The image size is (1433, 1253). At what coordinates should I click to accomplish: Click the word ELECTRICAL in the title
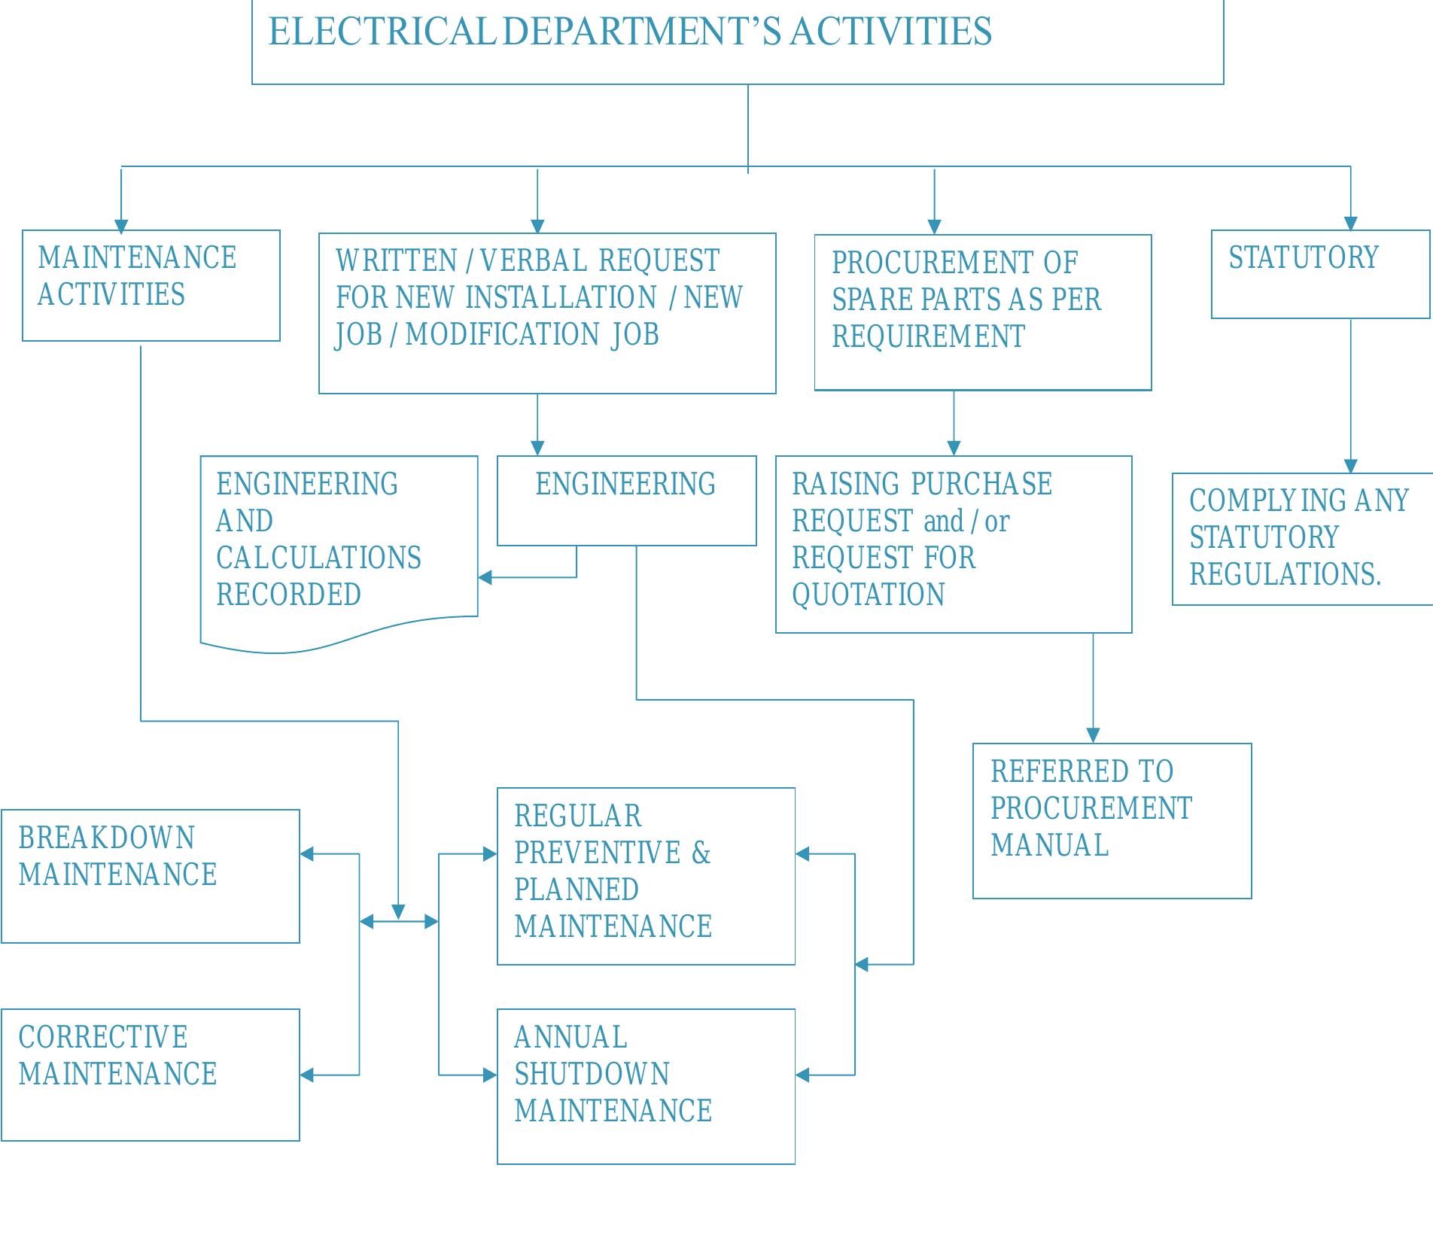380,32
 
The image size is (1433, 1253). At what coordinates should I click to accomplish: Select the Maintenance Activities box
151,285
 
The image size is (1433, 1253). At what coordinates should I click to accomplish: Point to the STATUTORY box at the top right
1319,274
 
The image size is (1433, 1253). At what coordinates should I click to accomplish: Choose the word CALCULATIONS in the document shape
318,558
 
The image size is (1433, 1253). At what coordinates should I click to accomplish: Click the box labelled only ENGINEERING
626,500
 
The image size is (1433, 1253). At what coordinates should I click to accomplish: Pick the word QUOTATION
868,595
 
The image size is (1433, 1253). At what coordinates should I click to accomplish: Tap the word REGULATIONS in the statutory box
1284,575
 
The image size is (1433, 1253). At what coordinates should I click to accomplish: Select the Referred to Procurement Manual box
1112,820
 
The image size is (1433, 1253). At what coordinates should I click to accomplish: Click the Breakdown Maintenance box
151,875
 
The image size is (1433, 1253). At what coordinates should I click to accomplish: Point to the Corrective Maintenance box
151,1074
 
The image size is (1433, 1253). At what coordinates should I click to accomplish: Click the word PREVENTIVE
597,853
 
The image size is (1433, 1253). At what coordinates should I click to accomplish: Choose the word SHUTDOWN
592,1074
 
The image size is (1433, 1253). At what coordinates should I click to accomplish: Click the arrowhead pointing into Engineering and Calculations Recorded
485,577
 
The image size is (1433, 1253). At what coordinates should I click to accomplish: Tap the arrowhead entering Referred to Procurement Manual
1093,735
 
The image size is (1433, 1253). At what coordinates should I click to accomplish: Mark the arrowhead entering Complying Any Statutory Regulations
1350,465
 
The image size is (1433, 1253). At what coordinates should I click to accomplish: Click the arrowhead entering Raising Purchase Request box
954,448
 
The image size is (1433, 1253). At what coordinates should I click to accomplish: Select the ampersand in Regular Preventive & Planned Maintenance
701,853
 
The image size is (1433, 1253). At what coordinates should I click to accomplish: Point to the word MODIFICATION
502,335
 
